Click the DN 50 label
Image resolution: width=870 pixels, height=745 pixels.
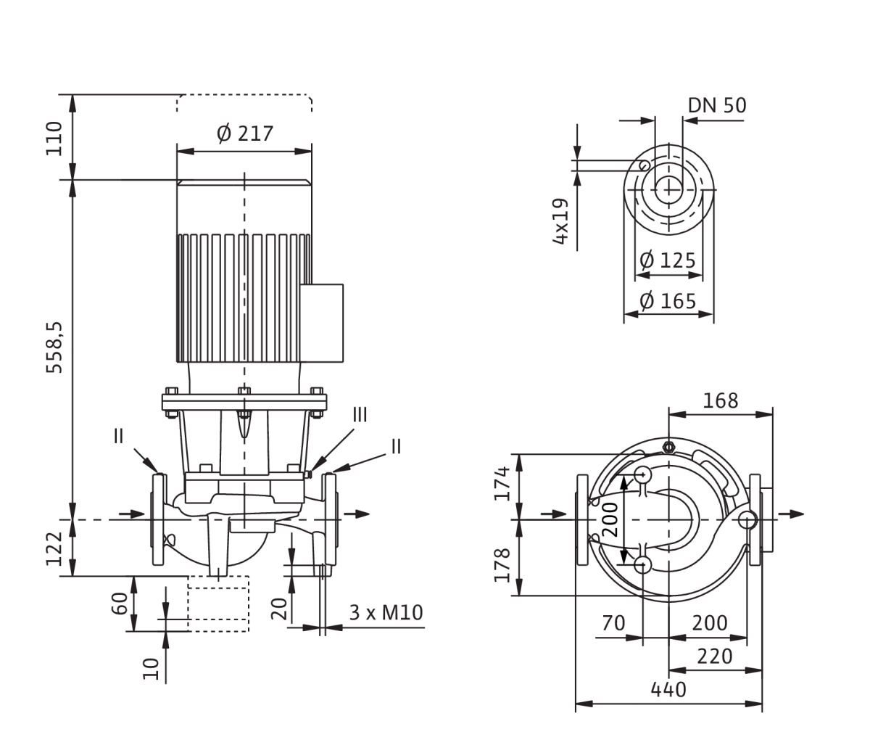pos(717,105)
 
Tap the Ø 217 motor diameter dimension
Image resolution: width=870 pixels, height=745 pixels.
pos(245,134)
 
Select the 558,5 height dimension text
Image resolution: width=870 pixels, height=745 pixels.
pos(54,347)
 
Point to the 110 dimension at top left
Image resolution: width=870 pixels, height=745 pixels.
pos(54,139)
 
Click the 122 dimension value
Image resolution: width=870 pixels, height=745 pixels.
pos(54,548)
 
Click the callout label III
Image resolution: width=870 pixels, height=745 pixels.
pos(360,415)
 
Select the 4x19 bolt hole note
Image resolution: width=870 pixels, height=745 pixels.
pos(560,221)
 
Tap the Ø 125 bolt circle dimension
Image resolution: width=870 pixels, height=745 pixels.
pos(668,260)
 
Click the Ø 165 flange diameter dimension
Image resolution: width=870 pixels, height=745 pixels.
pos(668,301)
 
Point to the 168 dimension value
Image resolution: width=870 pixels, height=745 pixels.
pos(721,400)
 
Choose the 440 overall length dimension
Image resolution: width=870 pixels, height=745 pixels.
pos(668,690)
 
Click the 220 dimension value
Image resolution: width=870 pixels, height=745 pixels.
pos(715,656)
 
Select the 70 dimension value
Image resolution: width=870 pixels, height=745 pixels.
pos(613,623)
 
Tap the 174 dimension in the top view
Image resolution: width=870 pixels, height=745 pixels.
pos(502,483)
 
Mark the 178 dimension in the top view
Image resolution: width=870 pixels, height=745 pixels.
pos(502,565)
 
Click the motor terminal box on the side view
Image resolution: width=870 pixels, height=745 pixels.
pos(322,323)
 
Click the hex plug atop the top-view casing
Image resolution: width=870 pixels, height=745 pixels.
pos(668,447)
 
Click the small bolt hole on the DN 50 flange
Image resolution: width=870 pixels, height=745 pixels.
pos(645,165)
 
